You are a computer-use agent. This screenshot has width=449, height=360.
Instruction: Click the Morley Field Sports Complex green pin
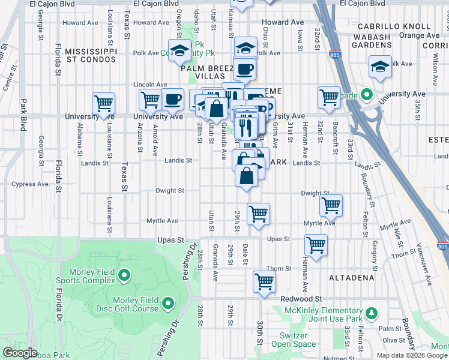coord(124,275)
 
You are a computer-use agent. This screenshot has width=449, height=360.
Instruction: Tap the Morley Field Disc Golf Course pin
coord(167,304)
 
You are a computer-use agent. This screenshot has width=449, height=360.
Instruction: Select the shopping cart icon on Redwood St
coord(264,281)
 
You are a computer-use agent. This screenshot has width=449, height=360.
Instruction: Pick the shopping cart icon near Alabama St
coord(104,103)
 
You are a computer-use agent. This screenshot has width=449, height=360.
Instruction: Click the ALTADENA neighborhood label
coord(351,278)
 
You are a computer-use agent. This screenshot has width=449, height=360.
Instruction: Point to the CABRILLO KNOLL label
coord(394,26)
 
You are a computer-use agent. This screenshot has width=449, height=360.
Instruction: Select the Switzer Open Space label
coord(294,340)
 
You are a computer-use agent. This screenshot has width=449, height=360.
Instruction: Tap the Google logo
coord(20,353)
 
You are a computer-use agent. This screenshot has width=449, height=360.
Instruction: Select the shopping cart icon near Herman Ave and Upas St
coord(316,244)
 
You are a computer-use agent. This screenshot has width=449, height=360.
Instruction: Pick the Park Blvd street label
coord(23,115)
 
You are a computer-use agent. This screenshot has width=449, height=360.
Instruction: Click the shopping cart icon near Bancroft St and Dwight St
coord(331,205)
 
